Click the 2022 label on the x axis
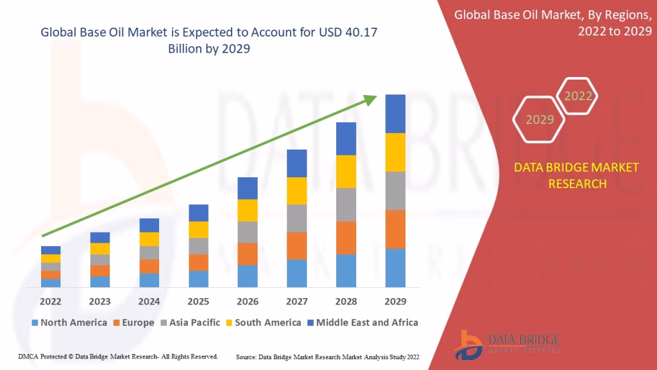coord(51,301)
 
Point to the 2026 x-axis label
coord(248,301)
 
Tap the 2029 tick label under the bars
coord(395,301)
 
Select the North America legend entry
coord(69,322)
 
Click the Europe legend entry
coord(134,322)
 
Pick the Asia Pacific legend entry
coord(191,322)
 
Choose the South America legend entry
coord(263,322)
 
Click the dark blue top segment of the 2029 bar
coord(395,114)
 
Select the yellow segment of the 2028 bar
coord(346,172)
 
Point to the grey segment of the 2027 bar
coord(296,218)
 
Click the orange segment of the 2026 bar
coord(248,254)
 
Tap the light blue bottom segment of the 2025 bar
coord(198,279)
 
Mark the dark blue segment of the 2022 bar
coord(51,250)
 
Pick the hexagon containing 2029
coord(540,119)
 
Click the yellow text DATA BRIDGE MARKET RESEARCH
coord(576,175)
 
